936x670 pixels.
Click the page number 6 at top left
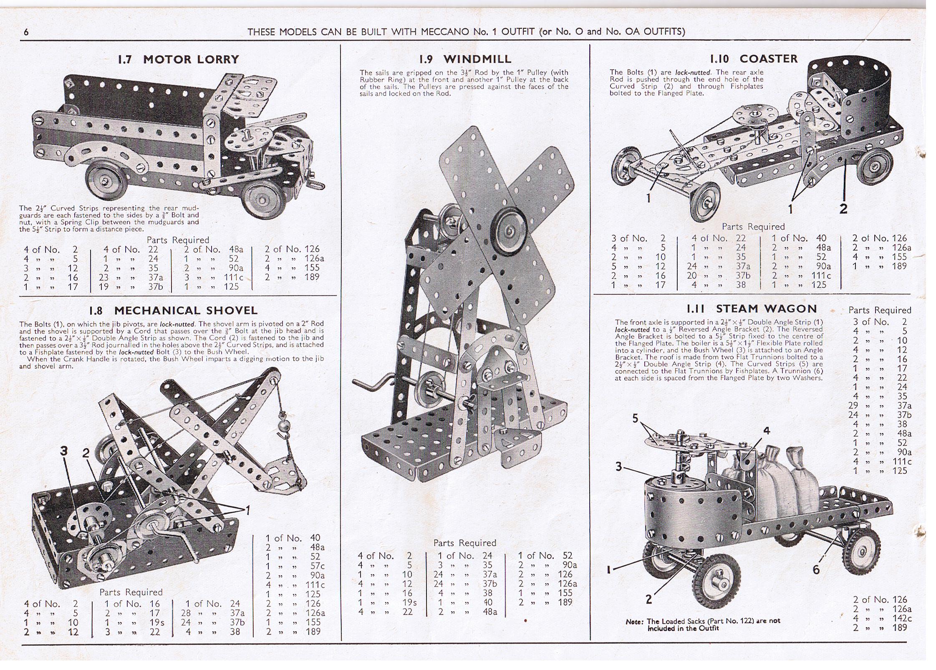click(x=26, y=32)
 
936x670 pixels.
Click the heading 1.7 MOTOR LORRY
click(x=179, y=59)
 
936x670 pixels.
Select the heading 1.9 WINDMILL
click(x=465, y=59)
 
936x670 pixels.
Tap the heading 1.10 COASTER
click(x=754, y=58)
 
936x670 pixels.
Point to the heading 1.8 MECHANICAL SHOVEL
click(x=174, y=311)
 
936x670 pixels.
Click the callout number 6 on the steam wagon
click(x=817, y=569)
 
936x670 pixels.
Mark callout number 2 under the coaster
click(x=843, y=209)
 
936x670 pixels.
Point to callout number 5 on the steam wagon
click(x=636, y=418)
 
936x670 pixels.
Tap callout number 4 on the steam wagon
click(x=767, y=431)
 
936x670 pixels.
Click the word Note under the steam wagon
click(x=634, y=622)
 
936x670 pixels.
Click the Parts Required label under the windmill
click(x=464, y=543)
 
